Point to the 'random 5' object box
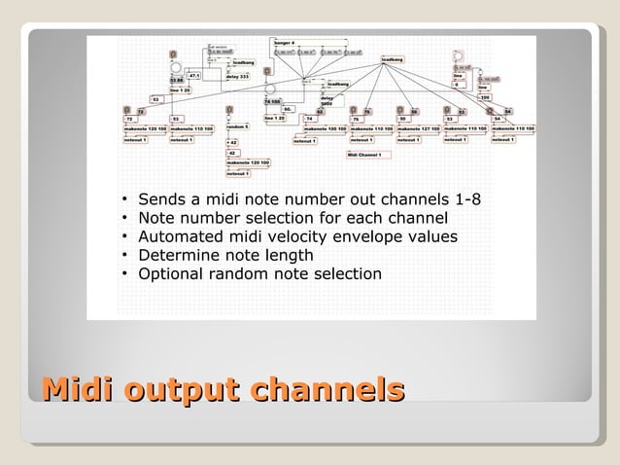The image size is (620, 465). coord(239,127)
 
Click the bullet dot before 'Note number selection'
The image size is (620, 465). coord(126,218)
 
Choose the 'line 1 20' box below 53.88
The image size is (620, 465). coord(181,89)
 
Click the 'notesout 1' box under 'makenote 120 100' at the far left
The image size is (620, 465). coord(135,139)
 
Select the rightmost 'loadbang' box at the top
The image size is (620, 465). coord(393,59)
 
